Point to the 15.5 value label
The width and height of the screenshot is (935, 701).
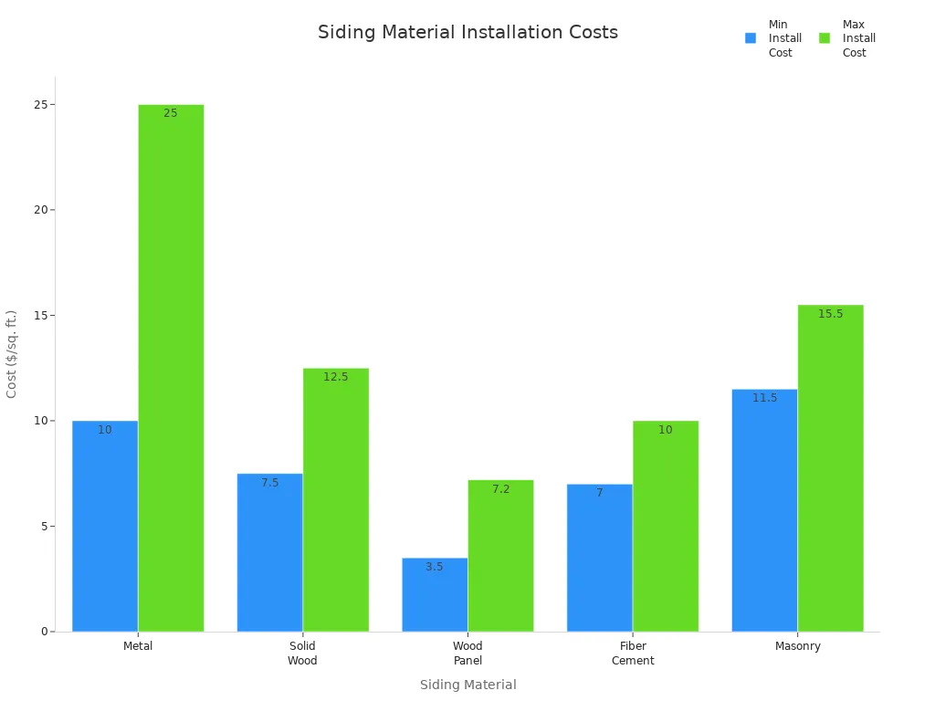(830, 314)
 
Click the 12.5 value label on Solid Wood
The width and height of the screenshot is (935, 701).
(335, 377)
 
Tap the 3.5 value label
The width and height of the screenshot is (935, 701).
(435, 567)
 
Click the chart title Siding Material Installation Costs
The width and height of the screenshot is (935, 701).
(467, 32)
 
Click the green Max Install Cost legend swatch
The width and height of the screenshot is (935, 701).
(825, 38)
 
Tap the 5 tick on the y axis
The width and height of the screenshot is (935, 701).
(43, 527)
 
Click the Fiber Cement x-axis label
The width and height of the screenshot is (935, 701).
(633, 654)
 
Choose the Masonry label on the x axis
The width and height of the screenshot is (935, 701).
(798, 646)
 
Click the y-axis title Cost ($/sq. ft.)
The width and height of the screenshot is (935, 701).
(12, 354)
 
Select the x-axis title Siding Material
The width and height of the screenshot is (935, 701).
(467, 685)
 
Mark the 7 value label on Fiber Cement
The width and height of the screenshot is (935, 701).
(600, 493)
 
